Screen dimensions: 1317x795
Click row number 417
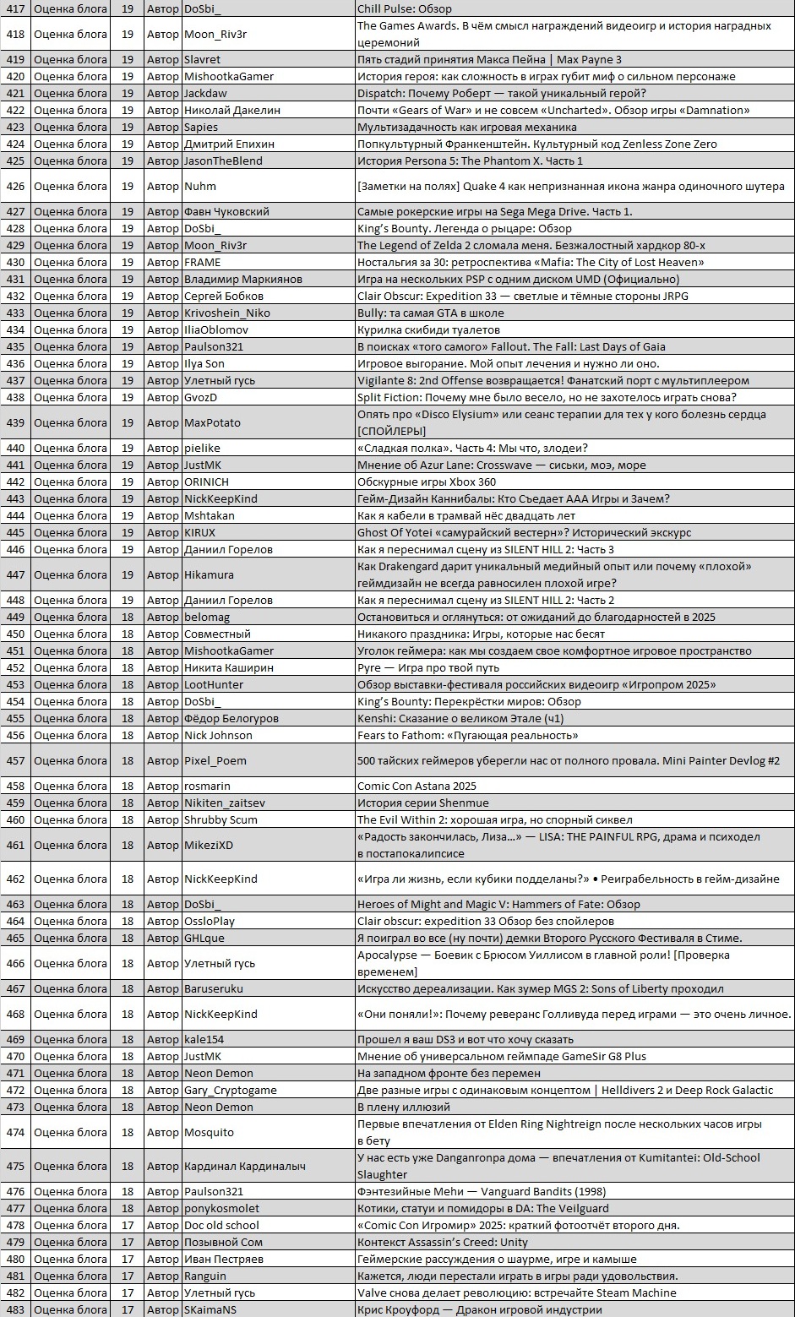point(15,8)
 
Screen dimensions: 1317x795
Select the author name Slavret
point(202,59)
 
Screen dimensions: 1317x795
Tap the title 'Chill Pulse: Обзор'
point(405,8)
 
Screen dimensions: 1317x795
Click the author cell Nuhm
point(200,186)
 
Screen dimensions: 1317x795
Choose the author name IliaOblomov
point(216,329)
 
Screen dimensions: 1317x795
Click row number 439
point(15,422)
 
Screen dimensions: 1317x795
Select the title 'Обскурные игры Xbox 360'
point(427,482)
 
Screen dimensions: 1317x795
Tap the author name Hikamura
point(209,574)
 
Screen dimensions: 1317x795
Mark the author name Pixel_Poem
point(215,760)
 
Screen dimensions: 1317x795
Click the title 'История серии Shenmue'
point(422,803)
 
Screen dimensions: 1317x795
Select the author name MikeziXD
point(209,845)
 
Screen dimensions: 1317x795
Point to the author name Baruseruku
point(214,988)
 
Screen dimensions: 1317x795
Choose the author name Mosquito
point(209,1132)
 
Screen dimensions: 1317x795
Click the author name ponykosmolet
point(222,1208)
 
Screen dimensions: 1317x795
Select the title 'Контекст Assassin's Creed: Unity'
point(442,1242)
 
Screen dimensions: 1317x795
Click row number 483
point(15,1309)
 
